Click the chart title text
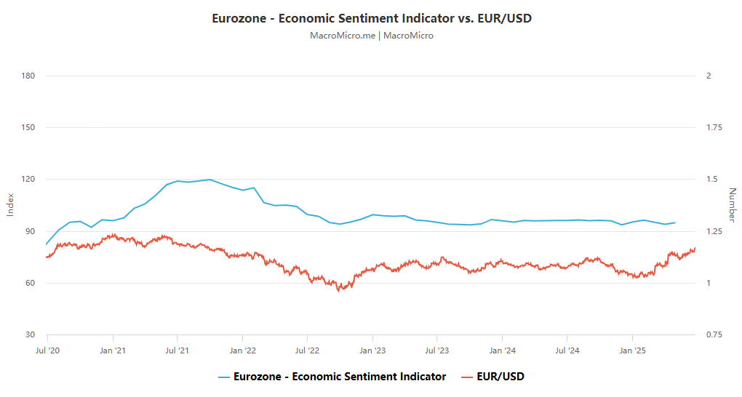(371, 18)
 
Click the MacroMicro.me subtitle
(371, 35)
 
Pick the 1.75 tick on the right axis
(714, 128)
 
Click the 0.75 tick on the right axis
(714, 335)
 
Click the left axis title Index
(10, 205)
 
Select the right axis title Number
(732, 205)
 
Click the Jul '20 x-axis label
(48, 350)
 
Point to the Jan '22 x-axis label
(243, 350)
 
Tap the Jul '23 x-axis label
(437, 350)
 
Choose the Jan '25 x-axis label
(632, 350)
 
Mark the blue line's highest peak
(210, 179)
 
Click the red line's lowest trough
(338, 291)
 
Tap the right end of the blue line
(675, 222)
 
